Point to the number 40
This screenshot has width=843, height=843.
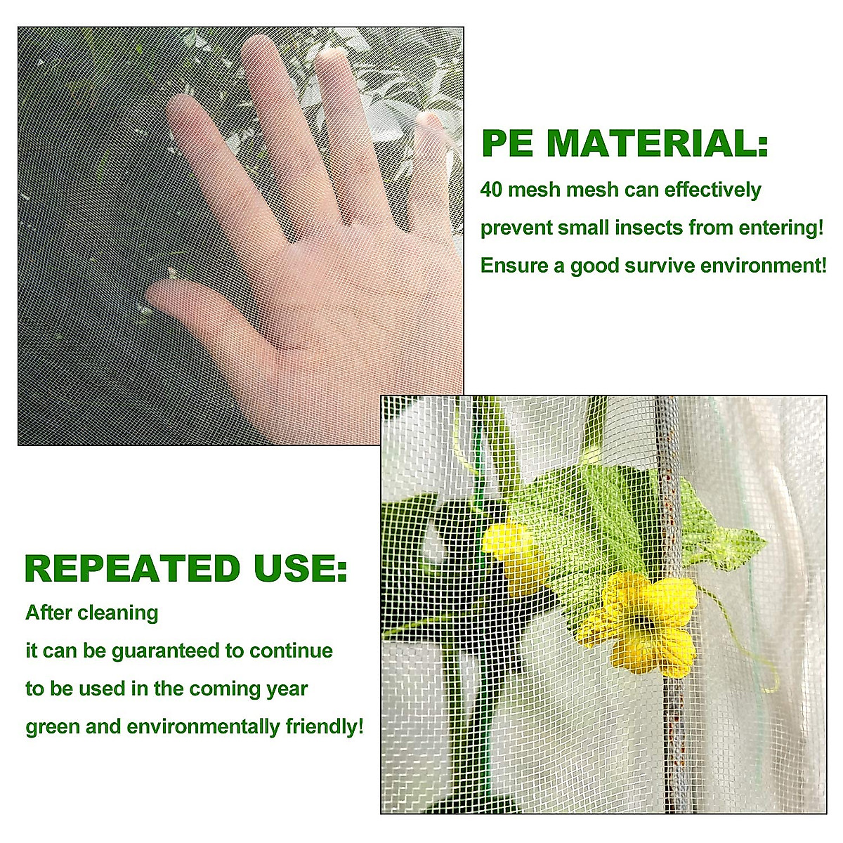(491, 190)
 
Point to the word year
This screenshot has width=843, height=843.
(287, 688)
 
